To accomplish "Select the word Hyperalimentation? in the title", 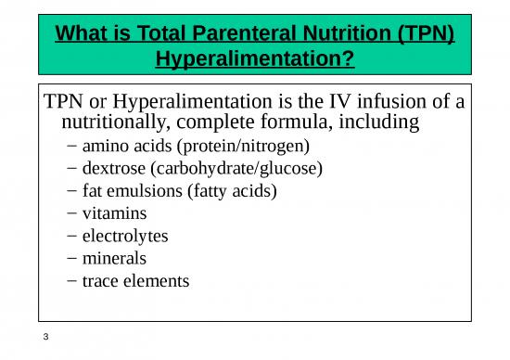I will pos(254,62).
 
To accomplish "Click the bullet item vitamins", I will pos(114,212).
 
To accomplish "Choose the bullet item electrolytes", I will pos(125,235).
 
